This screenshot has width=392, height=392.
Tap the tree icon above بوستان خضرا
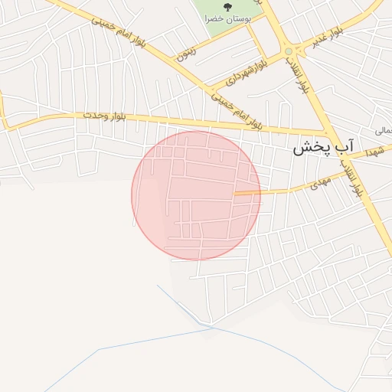point(227,7)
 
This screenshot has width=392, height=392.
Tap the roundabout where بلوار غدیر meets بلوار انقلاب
point(289,51)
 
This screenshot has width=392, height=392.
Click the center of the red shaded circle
point(196,195)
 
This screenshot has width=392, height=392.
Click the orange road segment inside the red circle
point(247,193)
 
